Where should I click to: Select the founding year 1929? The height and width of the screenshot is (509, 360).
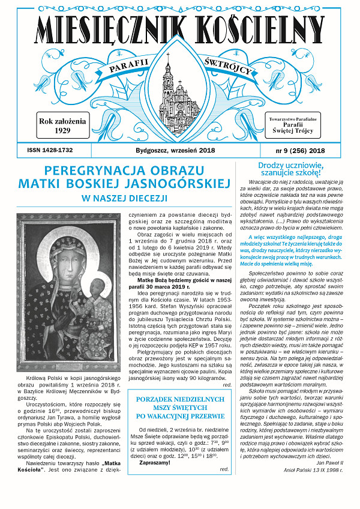click(62, 130)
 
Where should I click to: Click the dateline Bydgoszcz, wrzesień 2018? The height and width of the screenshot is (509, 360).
click(180, 150)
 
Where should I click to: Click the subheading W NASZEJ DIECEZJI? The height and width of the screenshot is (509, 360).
click(125, 197)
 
